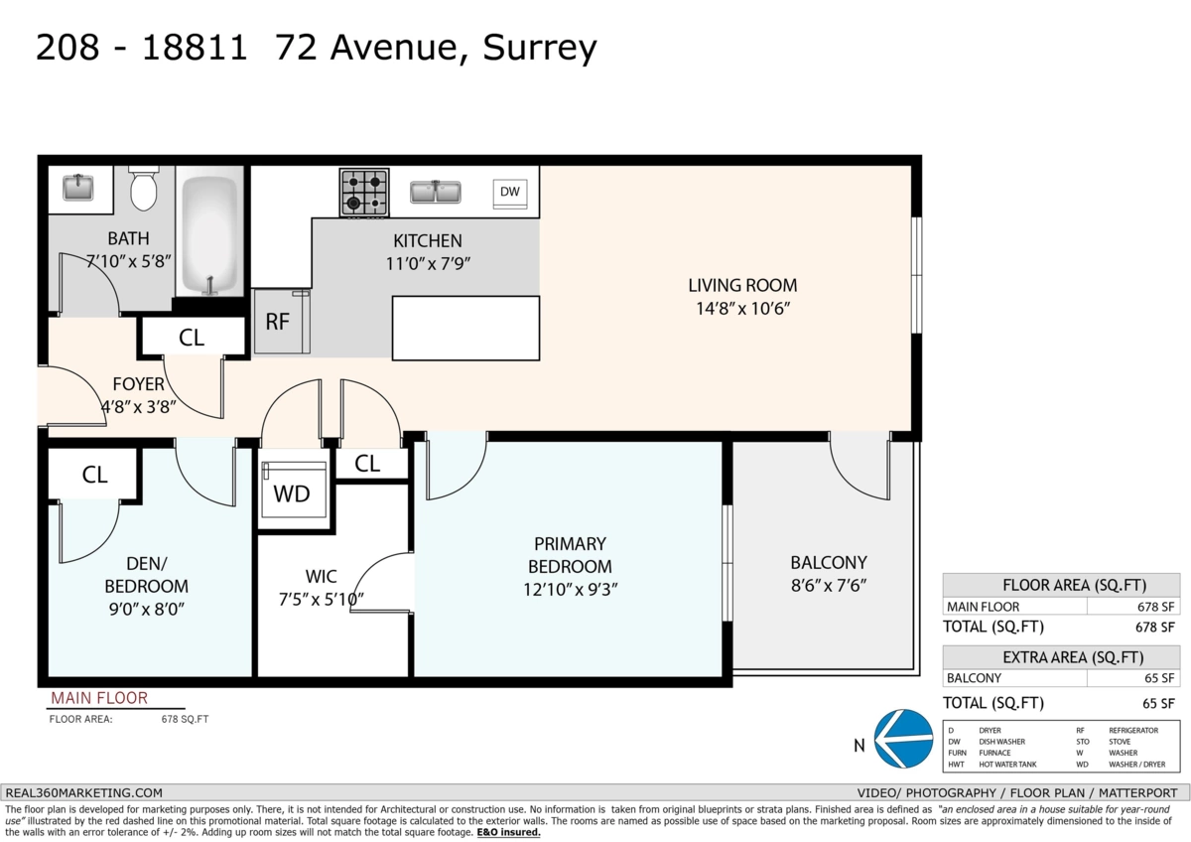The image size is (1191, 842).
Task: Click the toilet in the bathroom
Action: (144, 189)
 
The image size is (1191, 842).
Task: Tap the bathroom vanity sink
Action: (78, 188)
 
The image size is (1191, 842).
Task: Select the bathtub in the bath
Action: (210, 235)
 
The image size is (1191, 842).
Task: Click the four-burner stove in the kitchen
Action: (364, 193)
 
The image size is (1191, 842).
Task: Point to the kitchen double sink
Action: (436, 192)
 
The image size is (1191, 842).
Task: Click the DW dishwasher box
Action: (510, 192)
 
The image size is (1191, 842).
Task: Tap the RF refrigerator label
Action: (277, 322)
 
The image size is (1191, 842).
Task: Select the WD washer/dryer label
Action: (292, 494)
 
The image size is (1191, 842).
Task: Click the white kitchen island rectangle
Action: (465, 329)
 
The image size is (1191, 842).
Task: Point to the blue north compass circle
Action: (903, 739)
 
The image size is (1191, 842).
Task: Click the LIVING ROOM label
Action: (742, 286)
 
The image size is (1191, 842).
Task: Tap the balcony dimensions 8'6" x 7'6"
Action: (829, 586)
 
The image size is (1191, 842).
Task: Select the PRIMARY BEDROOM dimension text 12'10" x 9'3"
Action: (570, 590)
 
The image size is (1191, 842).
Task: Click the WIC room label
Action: (322, 576)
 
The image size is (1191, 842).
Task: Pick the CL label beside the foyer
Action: (192, 338)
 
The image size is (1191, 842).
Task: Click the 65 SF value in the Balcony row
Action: (1159, 678)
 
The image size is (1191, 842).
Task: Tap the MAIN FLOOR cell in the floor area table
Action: (984, 607)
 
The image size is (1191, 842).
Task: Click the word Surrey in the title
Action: (540, 49)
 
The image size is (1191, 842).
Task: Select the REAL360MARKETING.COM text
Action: (84, 793)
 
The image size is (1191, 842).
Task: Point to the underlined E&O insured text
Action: (508, 832)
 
